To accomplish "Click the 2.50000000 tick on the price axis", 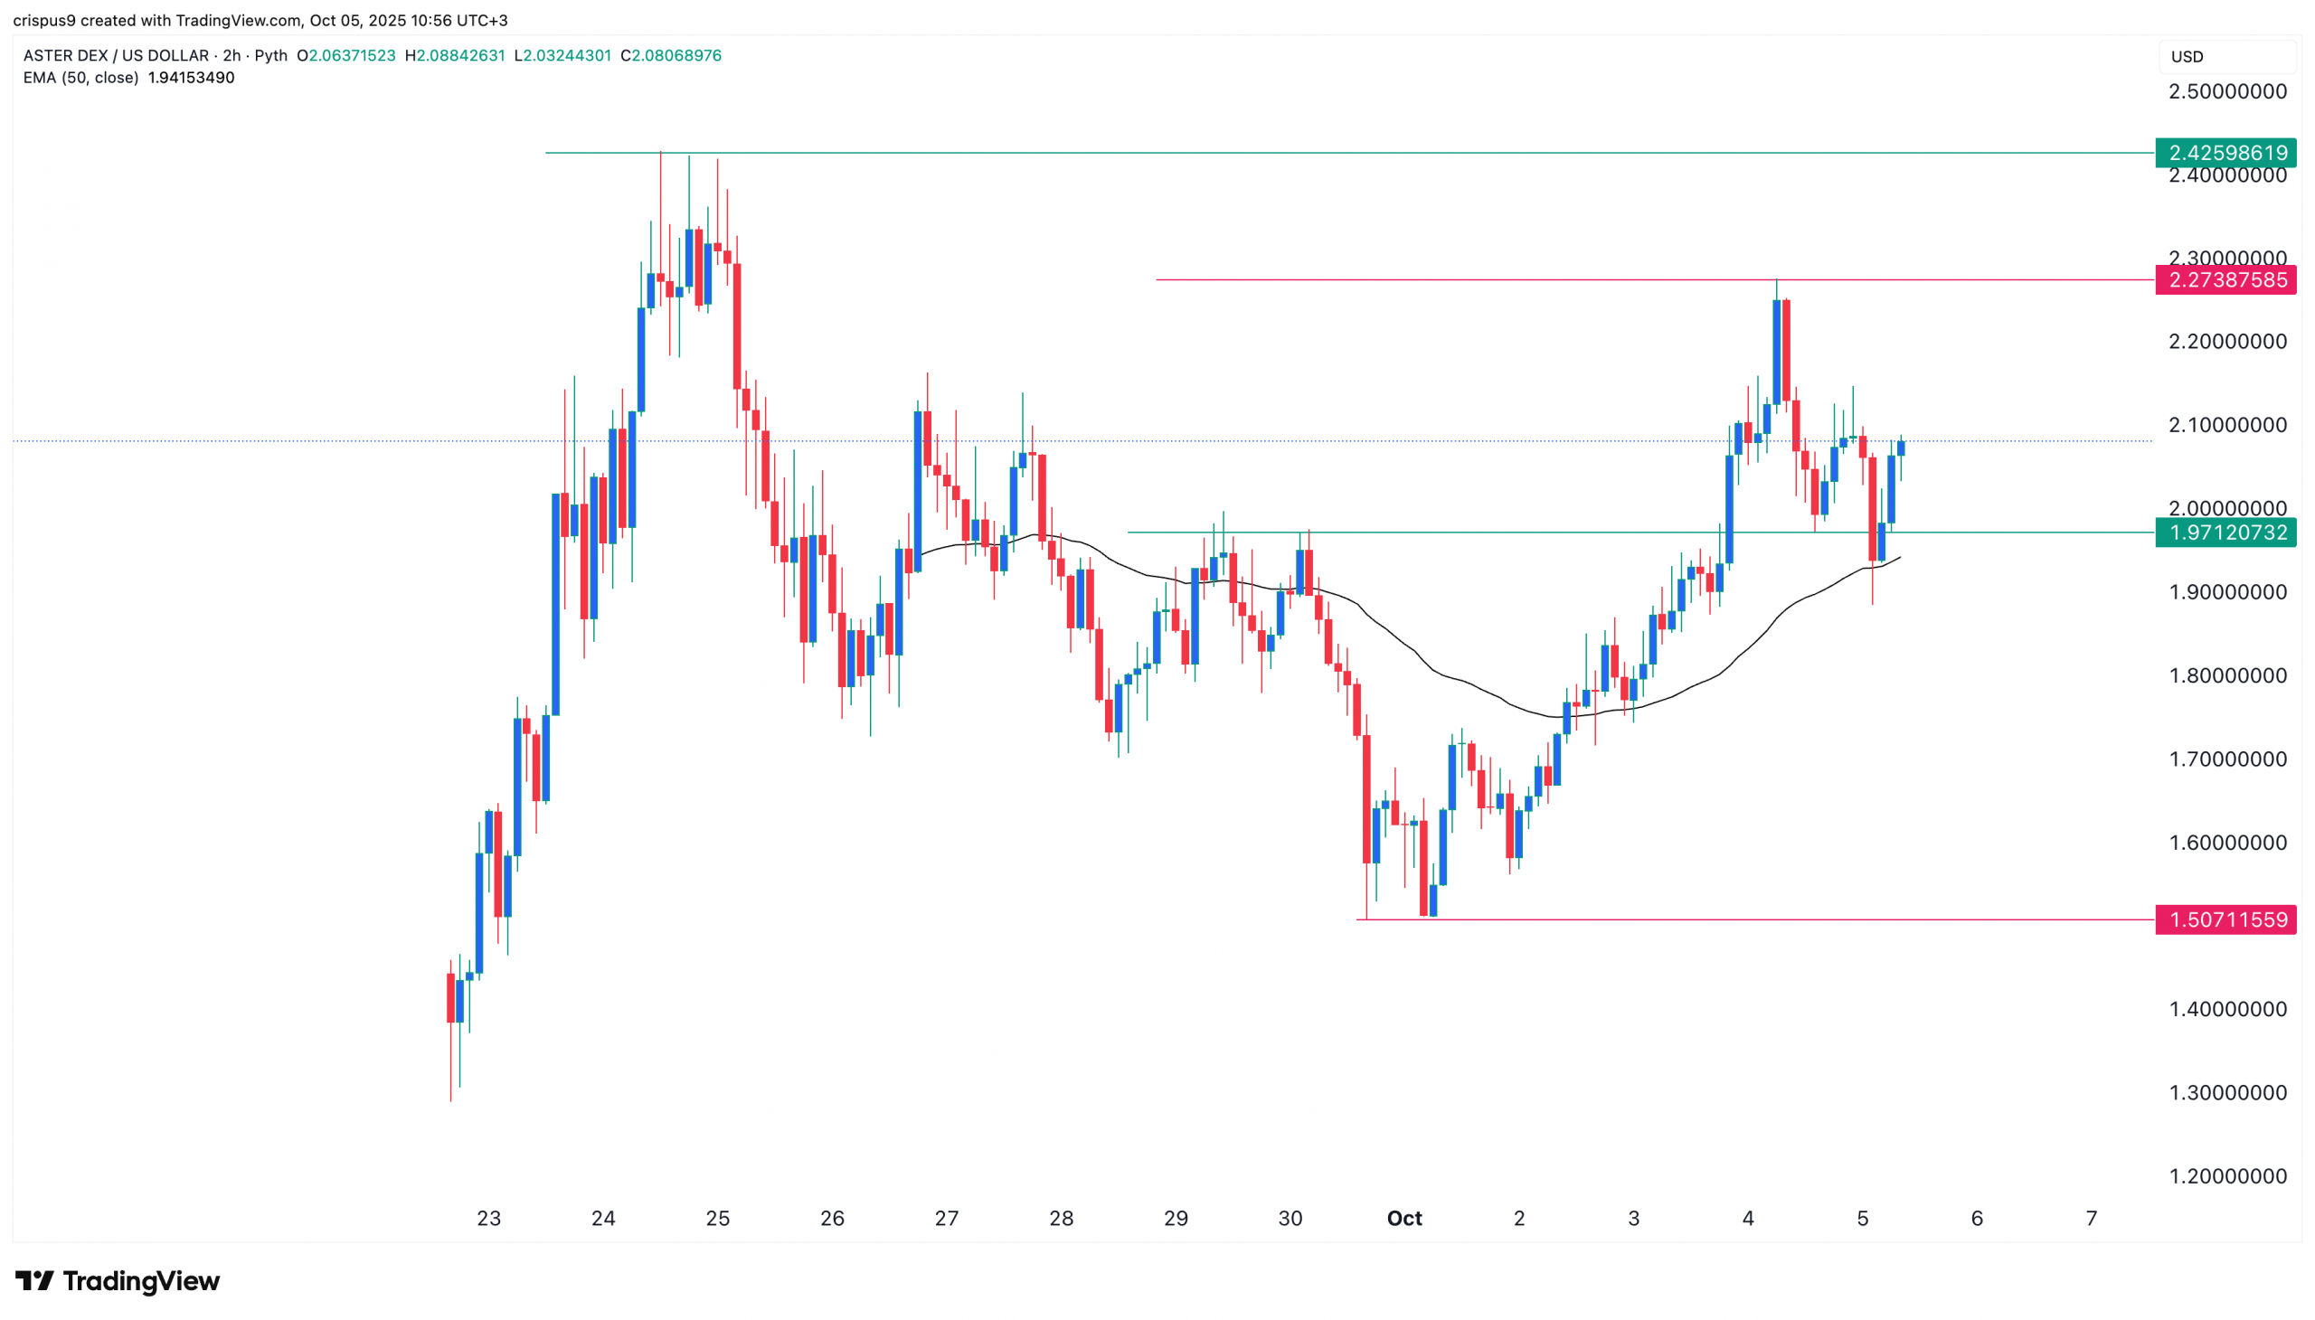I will click(2227, 91).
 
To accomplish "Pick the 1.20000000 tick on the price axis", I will click(2227, 1176).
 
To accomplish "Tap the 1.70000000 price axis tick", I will click(2227, 759).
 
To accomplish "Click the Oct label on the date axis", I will click(1403, 1219).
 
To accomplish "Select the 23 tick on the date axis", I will click(488, 1219).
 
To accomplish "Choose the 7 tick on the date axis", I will click(2091, 1219).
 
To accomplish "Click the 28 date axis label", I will click(1061, 1219).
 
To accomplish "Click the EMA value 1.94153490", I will click(191, 78).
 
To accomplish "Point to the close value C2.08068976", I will click(671, 55).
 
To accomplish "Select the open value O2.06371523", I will click(346, 55).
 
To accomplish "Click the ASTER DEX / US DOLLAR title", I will click(116, 55).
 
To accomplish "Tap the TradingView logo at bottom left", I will click(118, 1281).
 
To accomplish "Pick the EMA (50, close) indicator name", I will click(80, 78).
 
